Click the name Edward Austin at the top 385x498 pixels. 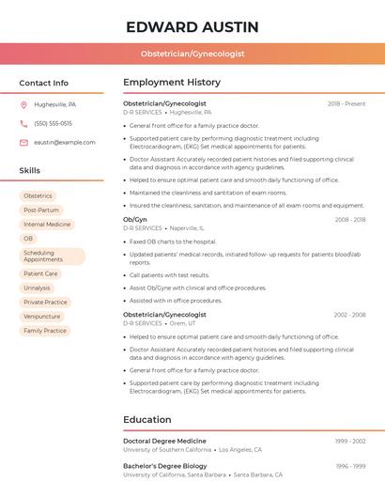[192, 26]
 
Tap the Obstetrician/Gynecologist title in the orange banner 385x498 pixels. [192, 54]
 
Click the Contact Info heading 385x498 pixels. [44, 83]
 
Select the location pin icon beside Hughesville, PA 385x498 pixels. [23, 104]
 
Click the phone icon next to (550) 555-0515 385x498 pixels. [23, 123]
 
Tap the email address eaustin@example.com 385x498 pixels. [65, 142]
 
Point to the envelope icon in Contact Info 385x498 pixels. [23, 142]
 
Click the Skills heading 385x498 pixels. [30, 170]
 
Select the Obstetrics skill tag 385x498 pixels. [38, 195]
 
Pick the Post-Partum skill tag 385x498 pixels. [41, 210]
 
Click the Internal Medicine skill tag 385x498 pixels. [47, 225]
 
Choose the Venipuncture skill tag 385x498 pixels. [42, 317]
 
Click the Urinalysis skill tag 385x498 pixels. [38, 288]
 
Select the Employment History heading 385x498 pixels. [172, 83]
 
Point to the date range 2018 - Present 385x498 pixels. [346, 103]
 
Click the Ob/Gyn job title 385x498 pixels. [135, 219]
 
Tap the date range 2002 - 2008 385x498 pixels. [349, 315]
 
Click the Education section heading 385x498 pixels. [147, 420]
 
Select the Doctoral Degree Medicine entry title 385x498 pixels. [164, 441]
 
